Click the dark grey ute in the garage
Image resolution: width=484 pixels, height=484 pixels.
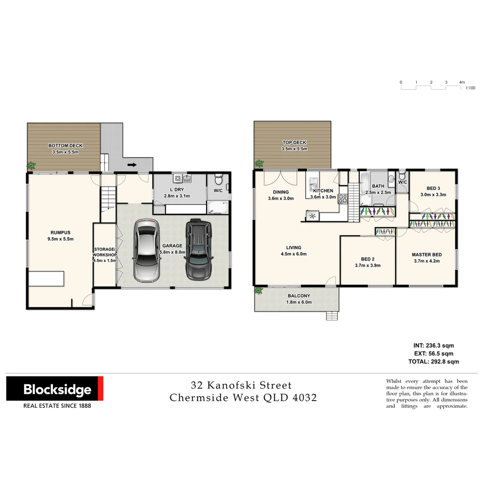[x=198, y=249]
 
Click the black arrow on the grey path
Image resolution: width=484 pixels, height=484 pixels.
[x=132, y=165]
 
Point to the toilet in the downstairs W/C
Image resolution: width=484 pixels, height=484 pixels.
[x=219, y=180]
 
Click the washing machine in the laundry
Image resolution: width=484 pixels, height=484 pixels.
[x=178, y=178]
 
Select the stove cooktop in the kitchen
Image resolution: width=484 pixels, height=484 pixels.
[x=343, y=199]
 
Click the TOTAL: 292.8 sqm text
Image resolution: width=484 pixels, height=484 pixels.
[x=433, y=361]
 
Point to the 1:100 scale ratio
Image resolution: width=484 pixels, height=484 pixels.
[x=470, y=88]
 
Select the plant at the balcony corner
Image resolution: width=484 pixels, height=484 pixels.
[x=258, y=291]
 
